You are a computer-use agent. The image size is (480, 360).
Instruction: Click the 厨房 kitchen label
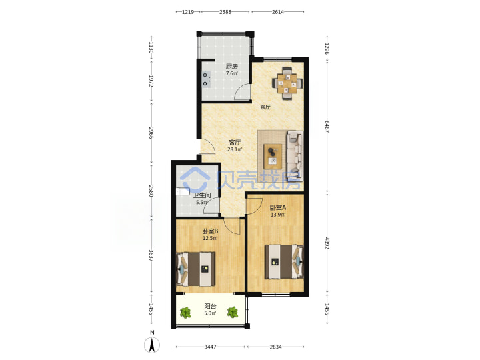232,66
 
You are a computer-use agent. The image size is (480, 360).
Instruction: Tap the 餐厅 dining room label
265,107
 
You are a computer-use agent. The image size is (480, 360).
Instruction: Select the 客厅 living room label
235,143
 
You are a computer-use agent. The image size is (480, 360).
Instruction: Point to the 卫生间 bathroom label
202,195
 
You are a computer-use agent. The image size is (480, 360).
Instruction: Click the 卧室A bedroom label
278,207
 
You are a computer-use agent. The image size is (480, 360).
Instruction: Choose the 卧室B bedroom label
210,231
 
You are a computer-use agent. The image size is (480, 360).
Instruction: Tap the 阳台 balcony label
210,306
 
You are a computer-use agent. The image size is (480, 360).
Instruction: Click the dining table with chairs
287,83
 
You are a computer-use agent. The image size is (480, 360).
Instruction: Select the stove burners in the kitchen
206,79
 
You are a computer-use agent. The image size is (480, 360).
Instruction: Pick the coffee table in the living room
273,157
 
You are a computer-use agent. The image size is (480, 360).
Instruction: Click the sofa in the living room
295,156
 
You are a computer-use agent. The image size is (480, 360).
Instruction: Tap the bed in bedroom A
284,261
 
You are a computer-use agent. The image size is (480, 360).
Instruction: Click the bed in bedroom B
195,269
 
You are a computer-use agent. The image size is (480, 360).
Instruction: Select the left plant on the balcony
185,313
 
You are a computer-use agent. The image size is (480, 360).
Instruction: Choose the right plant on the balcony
233,312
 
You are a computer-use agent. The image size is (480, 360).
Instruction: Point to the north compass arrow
152,345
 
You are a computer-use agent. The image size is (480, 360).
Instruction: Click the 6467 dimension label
327,127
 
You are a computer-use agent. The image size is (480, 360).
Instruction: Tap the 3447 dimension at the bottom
210,347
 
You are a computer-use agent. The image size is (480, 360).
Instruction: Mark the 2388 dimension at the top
225,12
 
